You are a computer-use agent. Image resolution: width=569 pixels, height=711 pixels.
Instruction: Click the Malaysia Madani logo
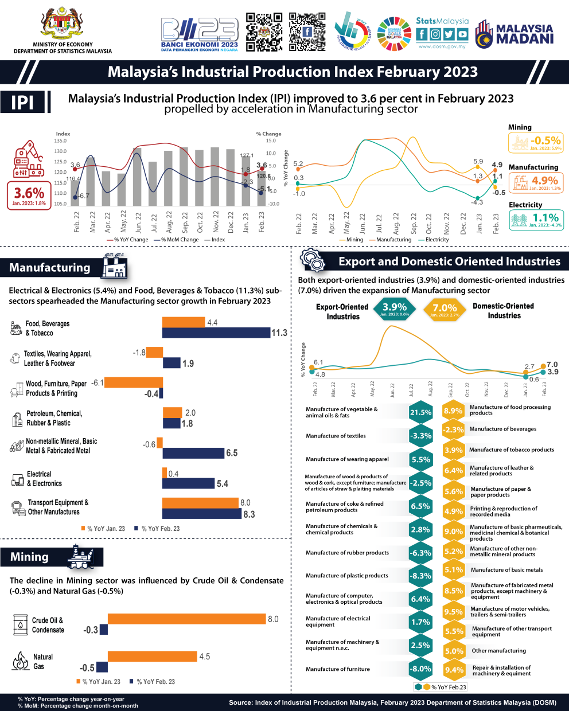pyautogui.click(x=515, y=33)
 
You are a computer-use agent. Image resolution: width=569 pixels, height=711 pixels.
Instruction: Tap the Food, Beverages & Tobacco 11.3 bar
pyautogui.click(x=216, y=333)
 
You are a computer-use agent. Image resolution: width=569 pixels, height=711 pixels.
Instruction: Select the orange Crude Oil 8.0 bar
pyautogui.click(x=186, y=619)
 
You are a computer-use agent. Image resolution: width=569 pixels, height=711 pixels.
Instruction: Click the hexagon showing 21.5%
pyautogui.click(x=420, y=412)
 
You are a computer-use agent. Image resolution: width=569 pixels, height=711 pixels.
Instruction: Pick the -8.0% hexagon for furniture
pyautogui.click(x=420, y=669)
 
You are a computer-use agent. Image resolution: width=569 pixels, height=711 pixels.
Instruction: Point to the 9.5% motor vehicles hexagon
pyautogui.click(x=453, y=612)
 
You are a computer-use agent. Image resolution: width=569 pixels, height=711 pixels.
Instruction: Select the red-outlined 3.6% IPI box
pyautogui.click(x=29, y=195)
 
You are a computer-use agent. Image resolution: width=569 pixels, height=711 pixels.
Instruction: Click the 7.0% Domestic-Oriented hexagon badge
pyautogui.click(x=445, y=309)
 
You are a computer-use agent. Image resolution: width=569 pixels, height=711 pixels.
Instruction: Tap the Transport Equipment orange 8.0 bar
pyautogui.click(x=200, y=503)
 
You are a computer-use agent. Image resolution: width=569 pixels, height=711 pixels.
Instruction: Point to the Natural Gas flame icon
pyautogui.click(x=21, y=661)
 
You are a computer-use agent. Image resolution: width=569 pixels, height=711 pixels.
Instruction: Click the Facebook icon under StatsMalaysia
pyautogui.click(x=422, y=34)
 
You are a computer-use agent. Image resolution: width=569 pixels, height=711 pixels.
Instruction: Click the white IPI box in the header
pyautogui.click(x=24, y=103)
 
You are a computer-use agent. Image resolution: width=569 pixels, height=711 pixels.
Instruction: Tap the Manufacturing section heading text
pyautogui.click(x=50, y=268)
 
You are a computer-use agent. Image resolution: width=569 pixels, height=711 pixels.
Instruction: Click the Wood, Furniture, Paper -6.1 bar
pyautogui.click(x=134, y=382)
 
